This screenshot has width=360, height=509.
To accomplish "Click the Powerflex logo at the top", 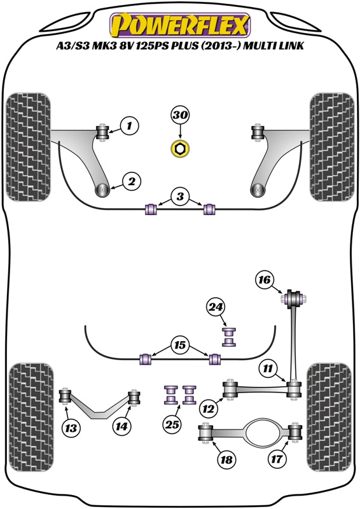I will point(180,25).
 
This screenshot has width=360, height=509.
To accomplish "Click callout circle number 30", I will point(180,116).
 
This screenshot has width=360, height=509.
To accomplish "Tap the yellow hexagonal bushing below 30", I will point(180,150).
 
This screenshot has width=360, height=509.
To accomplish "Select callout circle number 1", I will point(129,127).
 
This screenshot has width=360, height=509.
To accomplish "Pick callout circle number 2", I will point(132,183).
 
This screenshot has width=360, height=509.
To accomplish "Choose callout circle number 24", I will point(216,308).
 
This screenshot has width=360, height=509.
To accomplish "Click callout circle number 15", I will point(180,346).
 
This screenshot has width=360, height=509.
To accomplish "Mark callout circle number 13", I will point(72,428).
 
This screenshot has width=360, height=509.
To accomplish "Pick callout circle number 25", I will point(171,424).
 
